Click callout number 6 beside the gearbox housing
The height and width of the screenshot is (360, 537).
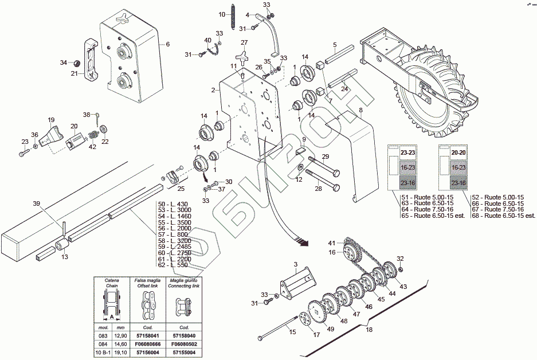click(168, 44)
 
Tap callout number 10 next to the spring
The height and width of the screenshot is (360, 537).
click(222, 13)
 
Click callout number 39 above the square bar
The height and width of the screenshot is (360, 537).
click(36, 204)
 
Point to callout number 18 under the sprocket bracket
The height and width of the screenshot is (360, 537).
click(370, 330)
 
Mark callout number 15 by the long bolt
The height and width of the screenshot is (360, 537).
click(292, 332)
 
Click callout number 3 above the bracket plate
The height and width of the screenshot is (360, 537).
click(296, 264)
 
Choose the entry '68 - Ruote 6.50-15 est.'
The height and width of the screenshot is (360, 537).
click(501, 216)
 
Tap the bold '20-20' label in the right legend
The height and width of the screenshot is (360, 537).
click(458, 153)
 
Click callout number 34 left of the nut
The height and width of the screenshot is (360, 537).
click(64, 62)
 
